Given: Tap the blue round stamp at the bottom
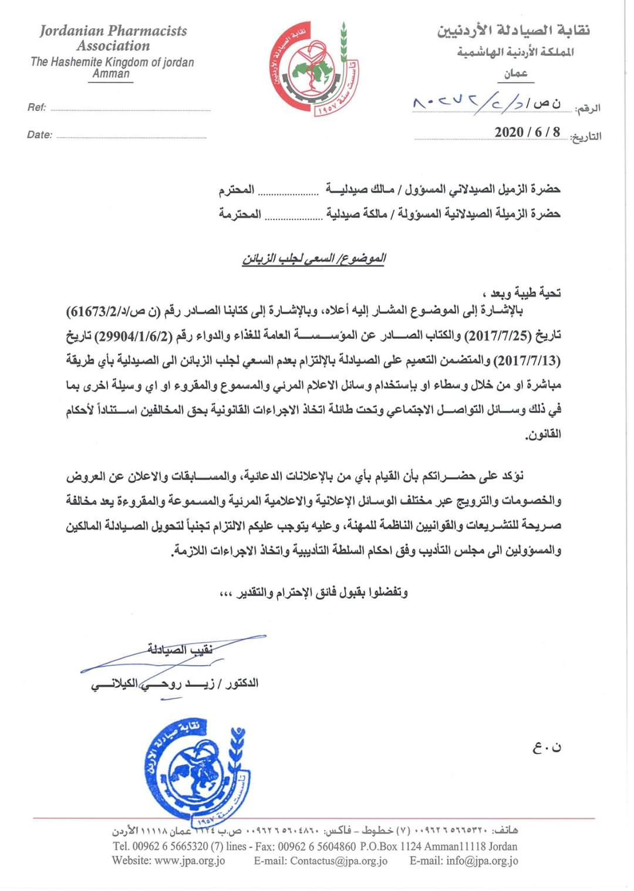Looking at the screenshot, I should (194, 771).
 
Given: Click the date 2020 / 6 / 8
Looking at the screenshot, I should (527, 131).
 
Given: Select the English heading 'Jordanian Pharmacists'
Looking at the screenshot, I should (113, 31).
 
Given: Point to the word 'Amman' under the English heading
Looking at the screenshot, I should (111, 74).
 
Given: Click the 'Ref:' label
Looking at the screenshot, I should (36, 107).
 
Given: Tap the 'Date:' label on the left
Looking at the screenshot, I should (39, 135).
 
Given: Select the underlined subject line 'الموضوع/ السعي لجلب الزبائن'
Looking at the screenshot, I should (314, 258).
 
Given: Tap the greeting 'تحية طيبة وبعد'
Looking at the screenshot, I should (521, 292).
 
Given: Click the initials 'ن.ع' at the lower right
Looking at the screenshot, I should (547, 747).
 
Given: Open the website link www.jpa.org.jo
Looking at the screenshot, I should (189, 860).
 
